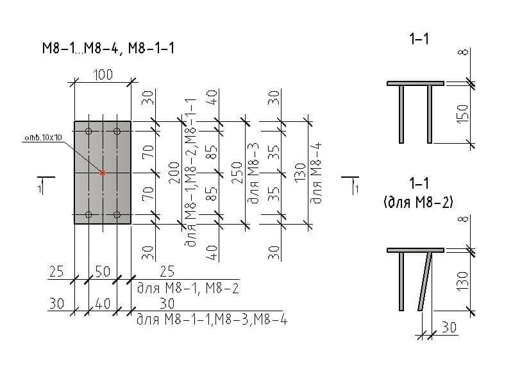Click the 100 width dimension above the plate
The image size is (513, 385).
tap(103, 74)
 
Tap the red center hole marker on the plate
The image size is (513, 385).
tap(103, 173)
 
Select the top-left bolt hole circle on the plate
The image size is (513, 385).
tap(88, 132)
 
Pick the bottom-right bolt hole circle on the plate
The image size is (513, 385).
tap(117, 215)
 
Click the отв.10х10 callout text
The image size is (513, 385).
tap(43, 137)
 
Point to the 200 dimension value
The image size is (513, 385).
tap(174, 173)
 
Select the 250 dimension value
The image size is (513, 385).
tap(237, 173)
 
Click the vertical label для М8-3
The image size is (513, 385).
tap(253, 173)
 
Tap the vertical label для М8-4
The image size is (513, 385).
tap(316, 173)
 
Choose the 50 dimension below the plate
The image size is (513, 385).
tap(103, 271)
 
